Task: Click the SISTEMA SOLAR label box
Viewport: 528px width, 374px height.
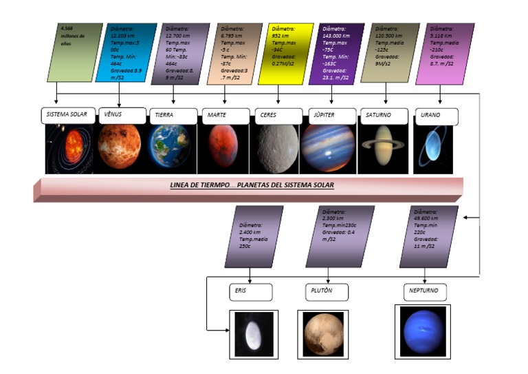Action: [67, 115]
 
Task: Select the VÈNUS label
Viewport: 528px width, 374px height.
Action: [122, 115]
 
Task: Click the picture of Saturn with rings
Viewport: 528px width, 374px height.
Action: [383, 148]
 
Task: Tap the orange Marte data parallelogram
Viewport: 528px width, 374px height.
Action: [234, 54]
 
